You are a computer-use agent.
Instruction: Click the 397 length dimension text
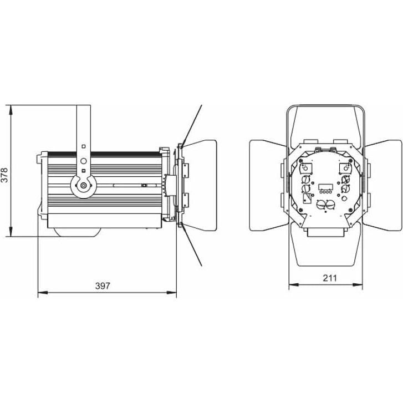(103, 286)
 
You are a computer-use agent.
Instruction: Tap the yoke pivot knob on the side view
(83, 186)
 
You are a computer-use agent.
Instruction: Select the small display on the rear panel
(325, 186)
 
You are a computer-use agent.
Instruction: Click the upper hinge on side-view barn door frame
(183, 170)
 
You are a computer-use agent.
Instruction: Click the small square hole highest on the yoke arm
(83, 146)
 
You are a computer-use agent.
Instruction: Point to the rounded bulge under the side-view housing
(78, 232)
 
